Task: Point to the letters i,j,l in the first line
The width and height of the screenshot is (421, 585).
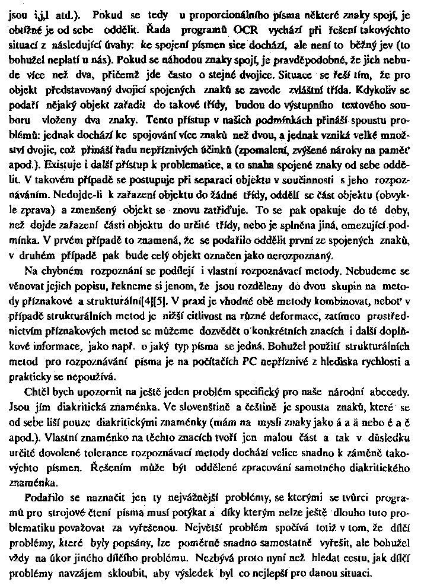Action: click(46, 13)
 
